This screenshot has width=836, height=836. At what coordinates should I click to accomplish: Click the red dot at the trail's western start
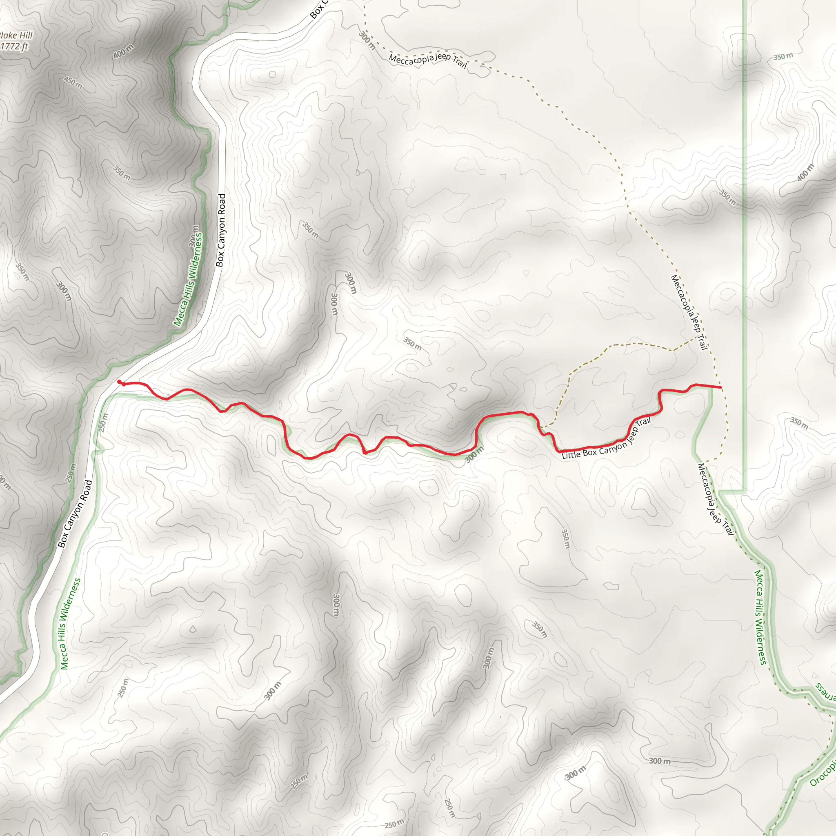tap(120, 382)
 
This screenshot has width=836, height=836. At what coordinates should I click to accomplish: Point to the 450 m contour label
tap(73, 82)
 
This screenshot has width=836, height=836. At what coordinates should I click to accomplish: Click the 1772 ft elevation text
tap(14, 46)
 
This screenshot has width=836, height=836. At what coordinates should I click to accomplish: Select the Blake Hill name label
tap(16, 36)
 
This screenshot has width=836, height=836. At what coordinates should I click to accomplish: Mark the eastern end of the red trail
tap(721, 387)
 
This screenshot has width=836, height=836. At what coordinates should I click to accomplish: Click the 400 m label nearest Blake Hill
tap(123, 51)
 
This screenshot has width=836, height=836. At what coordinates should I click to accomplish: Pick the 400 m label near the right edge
tap(805, 173)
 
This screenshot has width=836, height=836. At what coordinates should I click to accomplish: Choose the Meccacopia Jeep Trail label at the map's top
tap(427, 60)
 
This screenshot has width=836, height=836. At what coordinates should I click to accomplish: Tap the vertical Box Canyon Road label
tap(221, 230)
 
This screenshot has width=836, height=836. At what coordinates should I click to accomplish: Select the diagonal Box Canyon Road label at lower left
tap(75, 514)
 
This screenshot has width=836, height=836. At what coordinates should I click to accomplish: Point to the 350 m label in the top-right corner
tap(783, 57)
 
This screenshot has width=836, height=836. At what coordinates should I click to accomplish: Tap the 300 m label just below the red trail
tap(474, 455)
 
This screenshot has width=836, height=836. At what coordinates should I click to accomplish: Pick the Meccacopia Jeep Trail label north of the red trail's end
tap(689, 312)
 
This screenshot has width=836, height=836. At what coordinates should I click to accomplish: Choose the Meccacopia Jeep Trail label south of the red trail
tap(716, 499)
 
